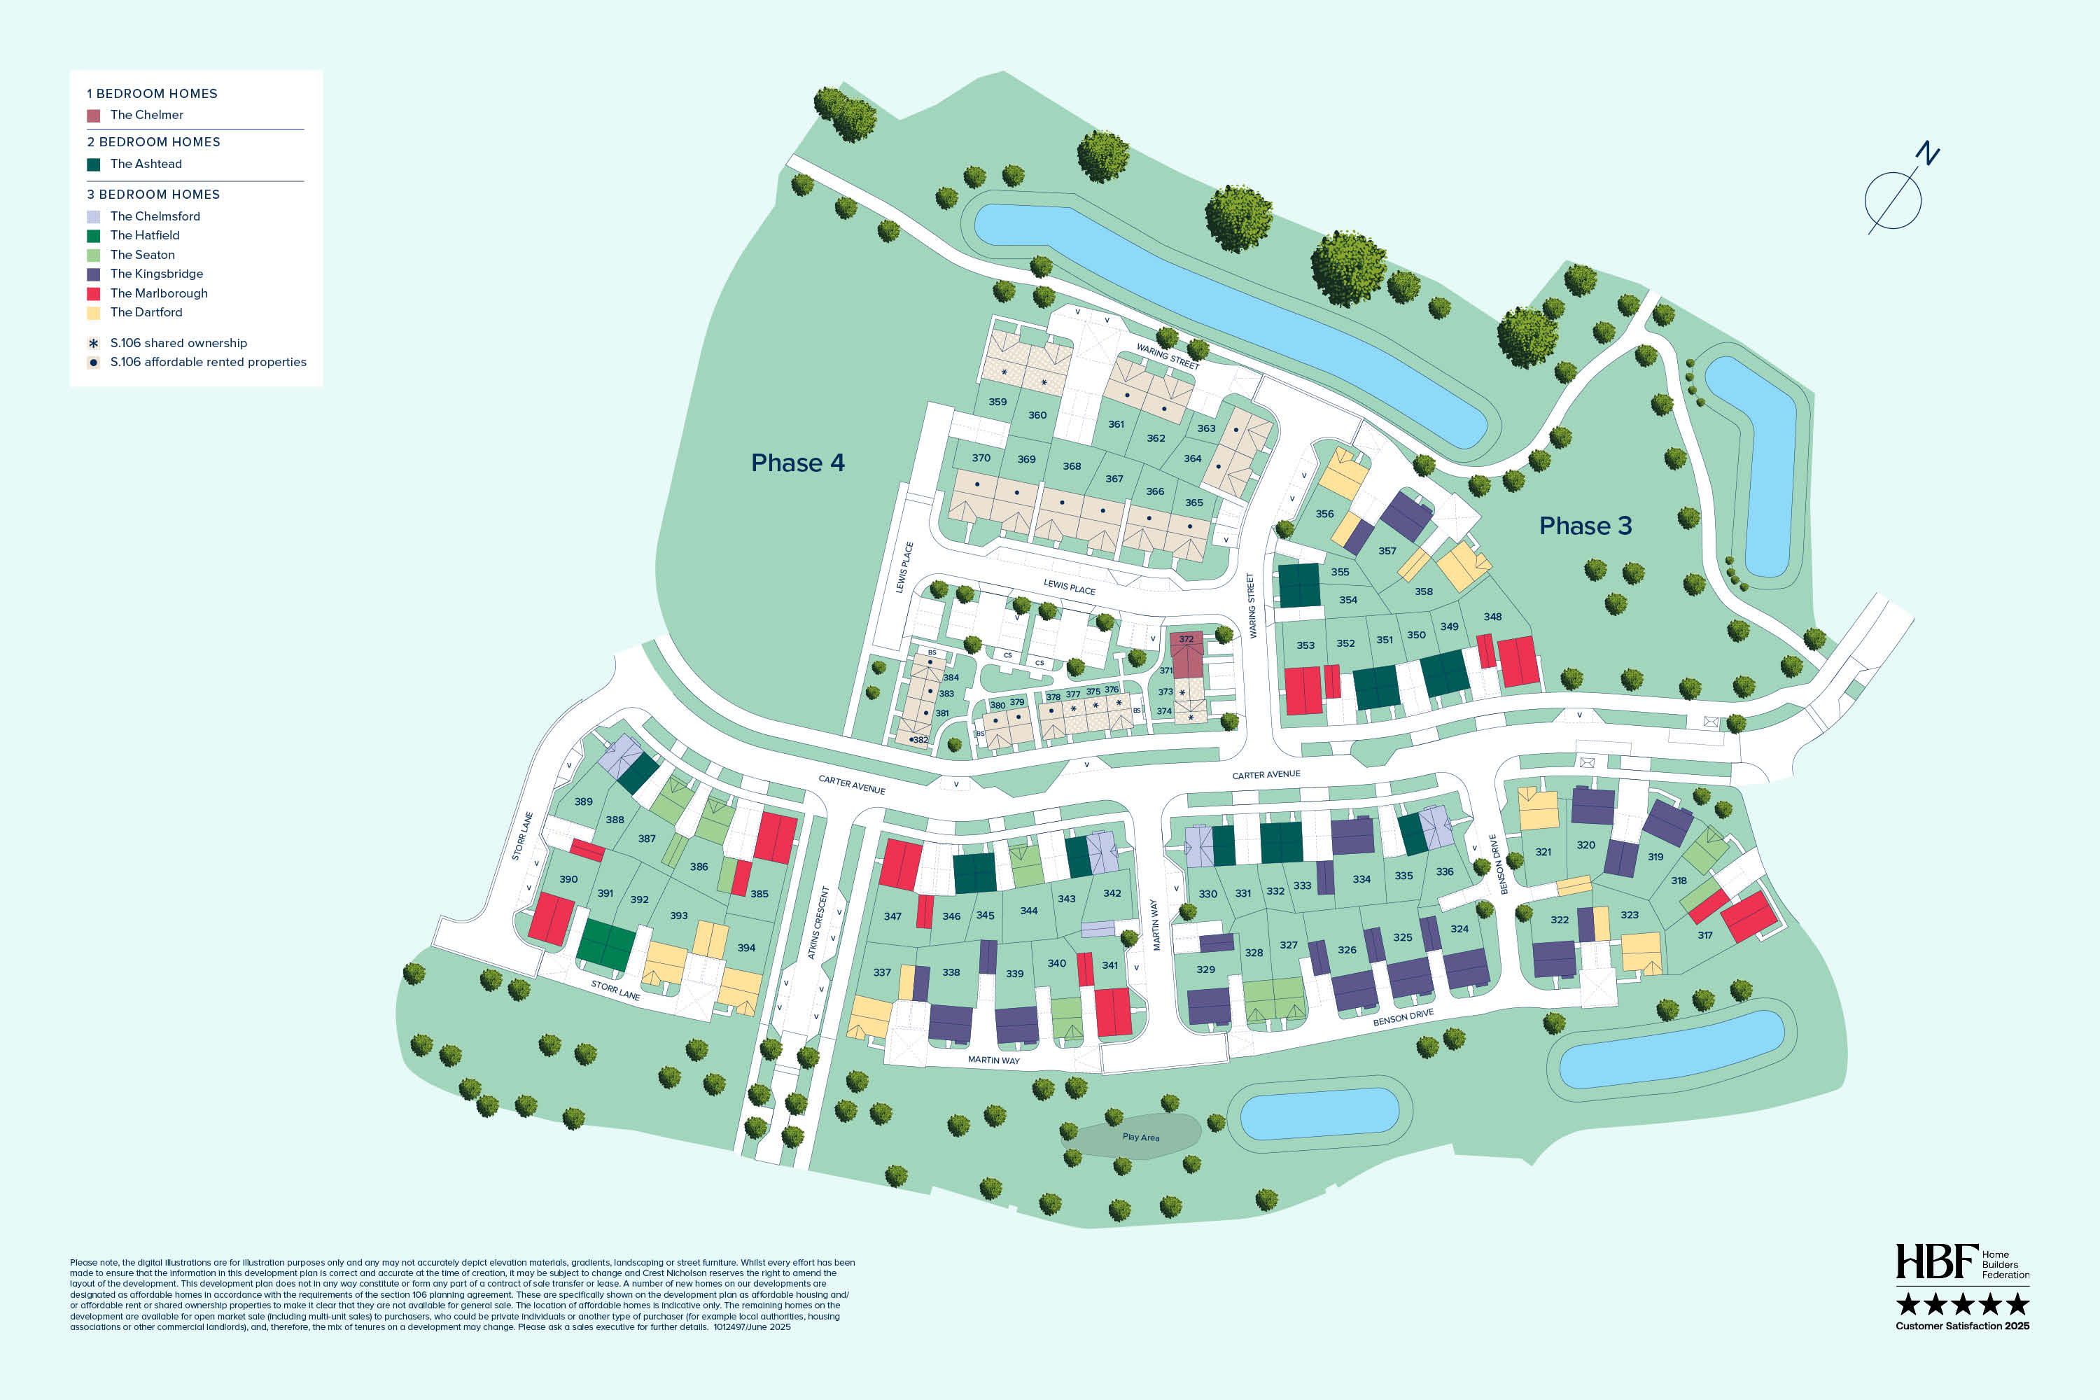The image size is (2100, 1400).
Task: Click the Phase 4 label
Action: tap(797, 463)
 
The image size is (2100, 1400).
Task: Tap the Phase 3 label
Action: tap(1585, 526)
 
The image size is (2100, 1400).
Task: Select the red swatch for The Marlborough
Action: tap(93, 294)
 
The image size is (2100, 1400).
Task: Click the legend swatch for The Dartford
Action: tap(93, 312)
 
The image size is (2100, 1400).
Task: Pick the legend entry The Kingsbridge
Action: tap(156, 274)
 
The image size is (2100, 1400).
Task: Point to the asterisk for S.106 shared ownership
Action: tap(93, 343)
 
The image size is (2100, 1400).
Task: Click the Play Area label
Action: tap(1140, 1137)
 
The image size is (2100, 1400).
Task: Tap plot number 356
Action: tap(1324, 514)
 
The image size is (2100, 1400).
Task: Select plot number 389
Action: tap(583, 801)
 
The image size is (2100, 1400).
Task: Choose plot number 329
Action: tap(1205, 969)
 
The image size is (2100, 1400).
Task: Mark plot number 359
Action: tap(997, 402)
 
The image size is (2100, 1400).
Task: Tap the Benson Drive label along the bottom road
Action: tap(1403, 1017)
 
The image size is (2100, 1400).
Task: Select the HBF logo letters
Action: tap(1935, 1261)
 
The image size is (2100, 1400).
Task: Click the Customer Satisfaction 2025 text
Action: tap(1961, 1326)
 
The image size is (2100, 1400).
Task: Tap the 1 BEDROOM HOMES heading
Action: tap(152, 94)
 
